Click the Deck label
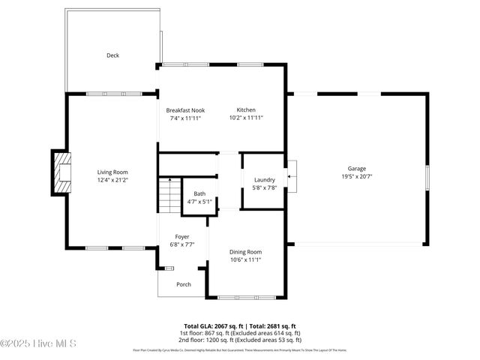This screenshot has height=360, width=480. click(112, 55)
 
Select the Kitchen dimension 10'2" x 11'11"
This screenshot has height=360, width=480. click(246, 118)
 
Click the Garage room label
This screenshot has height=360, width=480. click(356, 169)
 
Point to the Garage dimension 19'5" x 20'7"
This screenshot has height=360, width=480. click(356, 177)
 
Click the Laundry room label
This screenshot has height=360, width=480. click(265, 179)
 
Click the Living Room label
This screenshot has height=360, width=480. click(112, 172)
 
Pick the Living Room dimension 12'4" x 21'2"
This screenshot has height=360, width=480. click(112, 180)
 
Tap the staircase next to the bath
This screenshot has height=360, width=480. click(169, 196)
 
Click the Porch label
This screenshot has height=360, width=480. click(183, 284)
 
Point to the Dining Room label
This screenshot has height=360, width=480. click(245, 252)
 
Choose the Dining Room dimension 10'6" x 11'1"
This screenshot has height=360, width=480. click(245, 260)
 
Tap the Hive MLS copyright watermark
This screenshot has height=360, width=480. click(39, 343)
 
